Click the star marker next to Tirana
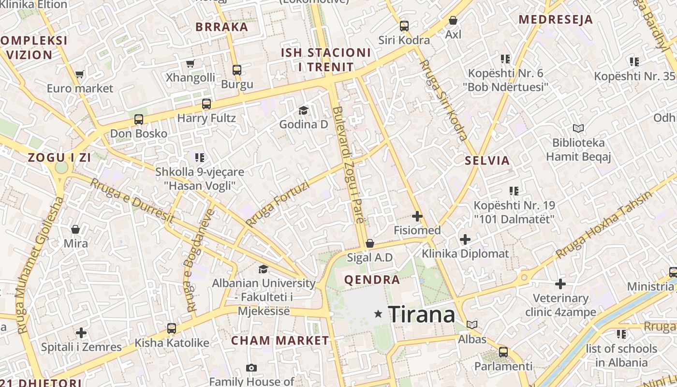tap(378, 314)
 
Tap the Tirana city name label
tap(421, 315)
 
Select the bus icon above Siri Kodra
tap(404, 26)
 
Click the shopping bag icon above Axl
tap(453, 20)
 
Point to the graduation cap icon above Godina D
tap(303, 111)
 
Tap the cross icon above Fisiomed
tap(417, 216)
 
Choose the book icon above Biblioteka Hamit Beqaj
tap(578, 129)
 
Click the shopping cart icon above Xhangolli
tap(191, 64)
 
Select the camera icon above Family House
tap(251, 368)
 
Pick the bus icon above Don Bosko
tap(139, 119)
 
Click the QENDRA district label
tap(372, 280)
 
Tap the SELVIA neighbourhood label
tap(487, 161)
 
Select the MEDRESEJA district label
tap(556, 20)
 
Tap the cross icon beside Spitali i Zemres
tap(81, 333)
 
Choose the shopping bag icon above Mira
tap(75, 229)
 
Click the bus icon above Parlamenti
tap(503, 352)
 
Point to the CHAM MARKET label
tap(280, 341)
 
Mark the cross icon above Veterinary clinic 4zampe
tap(560, 283)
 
